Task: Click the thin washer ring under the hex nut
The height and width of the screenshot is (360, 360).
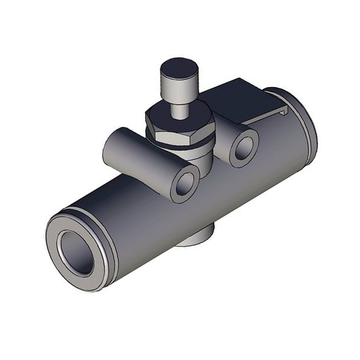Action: pyautogui.click(x=180, y=144)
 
